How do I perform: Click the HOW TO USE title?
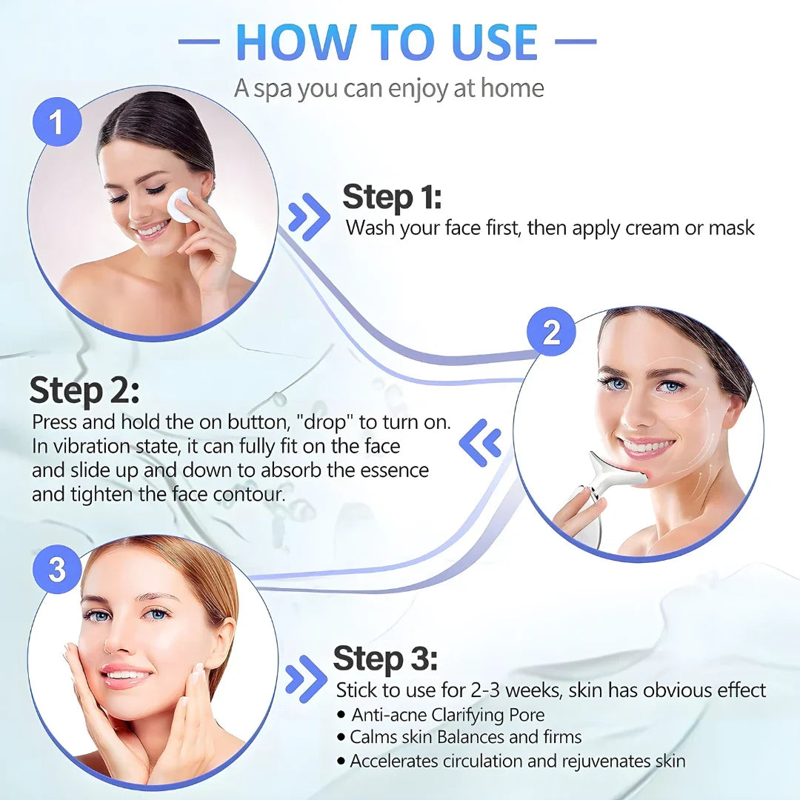pyautogui.click(x=387, y=42)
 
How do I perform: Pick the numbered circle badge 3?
pyautogui.click(x=57, y=570)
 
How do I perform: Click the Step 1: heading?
pyautogui.click(x=391, y=198)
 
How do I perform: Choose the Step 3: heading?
pyautogui.click(x=385, y=658)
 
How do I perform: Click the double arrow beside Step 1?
pyautogui.click(x=309, y=217)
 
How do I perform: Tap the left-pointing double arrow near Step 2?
pyautogui.click(x=480, y=444)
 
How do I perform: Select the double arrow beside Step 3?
pyautogui.click(x=306, y=678)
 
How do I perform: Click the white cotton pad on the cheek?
pyautogui.click(x=179, y=204)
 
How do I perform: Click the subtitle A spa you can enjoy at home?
pyautogui.click(x=389, y=88)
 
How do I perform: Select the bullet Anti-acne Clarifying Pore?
pyautogui.click(x=447, y=715)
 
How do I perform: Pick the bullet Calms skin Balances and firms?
pyautogui.click(x=465, y=737)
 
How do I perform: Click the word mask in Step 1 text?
pyautogui.click(x=731, y=227)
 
